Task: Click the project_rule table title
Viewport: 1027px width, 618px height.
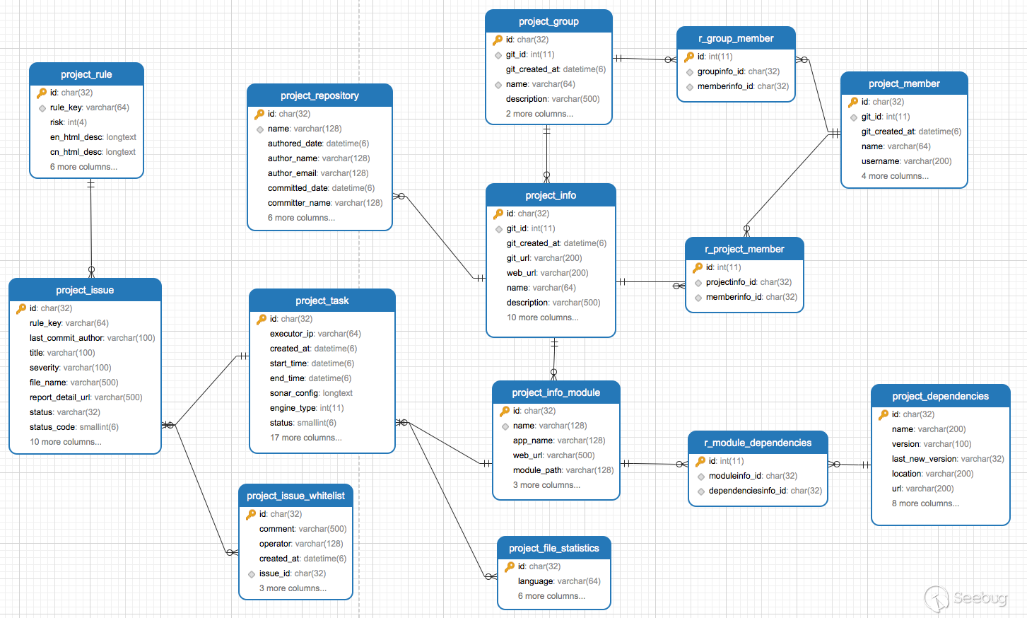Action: pos(86,74)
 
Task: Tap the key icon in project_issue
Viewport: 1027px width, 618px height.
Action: pos(21,308)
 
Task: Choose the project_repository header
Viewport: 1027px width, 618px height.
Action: pos(319,95)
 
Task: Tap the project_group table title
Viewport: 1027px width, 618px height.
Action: pos(548,21)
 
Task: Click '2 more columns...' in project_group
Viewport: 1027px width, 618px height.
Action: pos(539,114)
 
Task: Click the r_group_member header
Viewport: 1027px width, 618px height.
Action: pos(736,39)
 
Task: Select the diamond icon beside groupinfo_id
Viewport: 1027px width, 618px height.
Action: pos(690,72)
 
